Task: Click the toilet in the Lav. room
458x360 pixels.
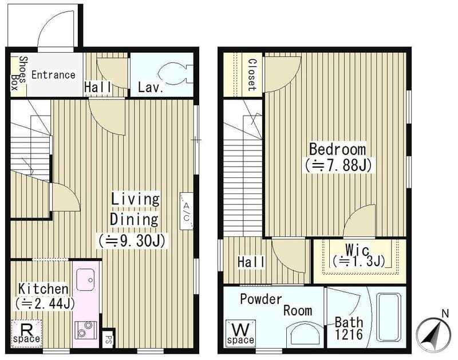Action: (174, 75)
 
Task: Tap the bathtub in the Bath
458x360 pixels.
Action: (388, 317)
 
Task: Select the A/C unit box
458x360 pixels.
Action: (187, 211)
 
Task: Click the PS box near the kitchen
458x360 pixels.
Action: (108, 339)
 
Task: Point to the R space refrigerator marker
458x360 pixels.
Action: (26, 334)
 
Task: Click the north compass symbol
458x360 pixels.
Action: (433, 333)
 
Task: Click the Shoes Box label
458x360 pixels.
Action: (19, 73)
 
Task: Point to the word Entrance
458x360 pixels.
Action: (53, 75)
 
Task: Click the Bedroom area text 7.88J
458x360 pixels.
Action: (338, 165)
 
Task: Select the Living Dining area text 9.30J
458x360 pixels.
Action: (132, 240)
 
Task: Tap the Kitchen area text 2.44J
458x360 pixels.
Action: (45, 303)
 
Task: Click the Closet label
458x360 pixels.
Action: (252, 75)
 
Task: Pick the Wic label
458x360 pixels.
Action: (357, 250)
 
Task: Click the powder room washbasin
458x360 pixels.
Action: (305, 334)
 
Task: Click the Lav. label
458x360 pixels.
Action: (150, 88)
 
